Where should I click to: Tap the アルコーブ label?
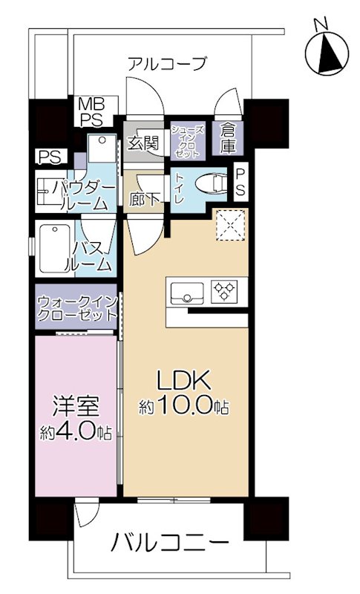click(166, 64)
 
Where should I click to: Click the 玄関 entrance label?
click(143, 143)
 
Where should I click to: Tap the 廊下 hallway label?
click(140, 198)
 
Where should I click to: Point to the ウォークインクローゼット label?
click(77, 306)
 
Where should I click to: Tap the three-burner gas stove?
click(223, 291)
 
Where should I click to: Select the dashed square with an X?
click(229, 224)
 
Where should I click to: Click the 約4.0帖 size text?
click(76, 432)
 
